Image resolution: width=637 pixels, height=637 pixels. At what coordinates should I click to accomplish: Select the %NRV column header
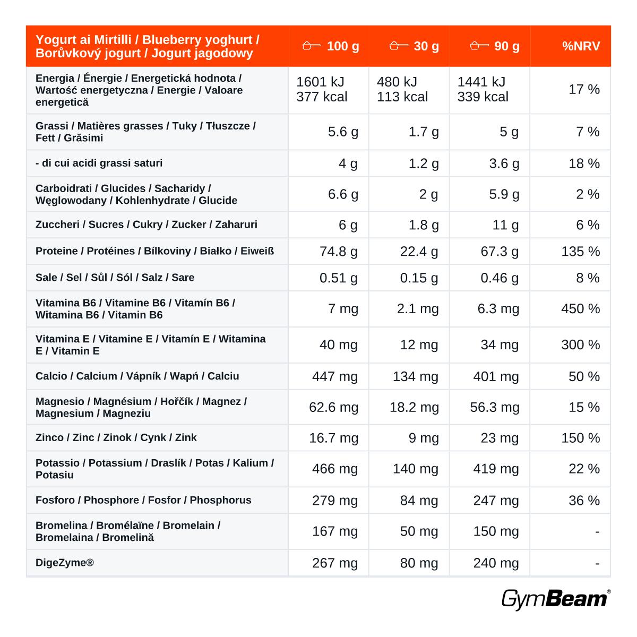pyautogui.click(x=581, y=46)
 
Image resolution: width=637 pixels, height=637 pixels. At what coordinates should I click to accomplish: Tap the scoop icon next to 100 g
pyautogui.click(x=312, y=46)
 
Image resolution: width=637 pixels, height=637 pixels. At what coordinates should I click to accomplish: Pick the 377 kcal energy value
pyautogui.click(x=322, y=97)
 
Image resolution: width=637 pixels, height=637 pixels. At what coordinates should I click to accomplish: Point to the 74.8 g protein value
pyautogui.click(x=339, y=252)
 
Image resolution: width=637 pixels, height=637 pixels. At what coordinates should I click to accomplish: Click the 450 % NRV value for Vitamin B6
pyautogui.click(x=581, y=309)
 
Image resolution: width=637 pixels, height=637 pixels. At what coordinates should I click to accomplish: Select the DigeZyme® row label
pyautogui.click(x=65, y=562)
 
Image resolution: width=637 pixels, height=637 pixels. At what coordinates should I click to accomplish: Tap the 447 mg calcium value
pyautogui.click(x=335, y=376)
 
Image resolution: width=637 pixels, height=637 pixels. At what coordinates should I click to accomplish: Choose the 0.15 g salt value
pyautogui.click(x=419, y=278)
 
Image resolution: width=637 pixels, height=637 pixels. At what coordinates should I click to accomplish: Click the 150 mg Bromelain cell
pyautogui.click(x=496, y=531)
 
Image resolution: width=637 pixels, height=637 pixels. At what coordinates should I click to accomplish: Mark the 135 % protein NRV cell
pyautogui.click(x=581, y=252)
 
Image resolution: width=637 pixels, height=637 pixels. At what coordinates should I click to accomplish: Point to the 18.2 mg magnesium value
pyautogui.click(x=414, y=407)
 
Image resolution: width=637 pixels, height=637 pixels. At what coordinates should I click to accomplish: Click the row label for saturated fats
pyautogui.click(x=99, y=163)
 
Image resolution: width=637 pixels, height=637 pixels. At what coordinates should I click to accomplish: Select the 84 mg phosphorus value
pyautogui.click(x=419, y=501)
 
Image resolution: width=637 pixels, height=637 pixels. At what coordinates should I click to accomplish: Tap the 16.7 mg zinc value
pyautogui.click(x=333, y=438)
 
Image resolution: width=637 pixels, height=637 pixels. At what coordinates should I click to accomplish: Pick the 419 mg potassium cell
pyautogui.click(x=496, y=469)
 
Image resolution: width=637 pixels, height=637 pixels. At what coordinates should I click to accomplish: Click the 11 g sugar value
pyautogui.click(x=505, y=225)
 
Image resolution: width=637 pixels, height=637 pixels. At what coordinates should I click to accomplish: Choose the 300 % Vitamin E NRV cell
pyautogui.click(x=581, y=345)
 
